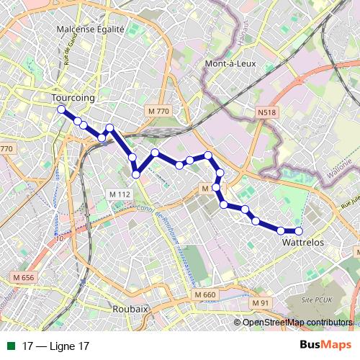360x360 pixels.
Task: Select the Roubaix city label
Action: point(130,308)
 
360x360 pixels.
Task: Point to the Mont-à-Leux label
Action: point(230,64)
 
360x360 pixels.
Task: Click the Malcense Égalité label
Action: point(91,30)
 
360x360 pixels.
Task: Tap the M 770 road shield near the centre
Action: point(157,111)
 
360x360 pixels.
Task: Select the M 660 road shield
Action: point(204,295)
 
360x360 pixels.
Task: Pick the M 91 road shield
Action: point(260,302)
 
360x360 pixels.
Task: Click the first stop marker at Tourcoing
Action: point(61,109)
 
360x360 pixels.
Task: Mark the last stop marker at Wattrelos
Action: point(299,231)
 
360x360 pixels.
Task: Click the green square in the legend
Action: point(10,346)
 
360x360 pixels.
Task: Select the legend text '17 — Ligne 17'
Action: point(56,346)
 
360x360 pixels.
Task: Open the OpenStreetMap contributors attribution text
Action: point(297,322)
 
